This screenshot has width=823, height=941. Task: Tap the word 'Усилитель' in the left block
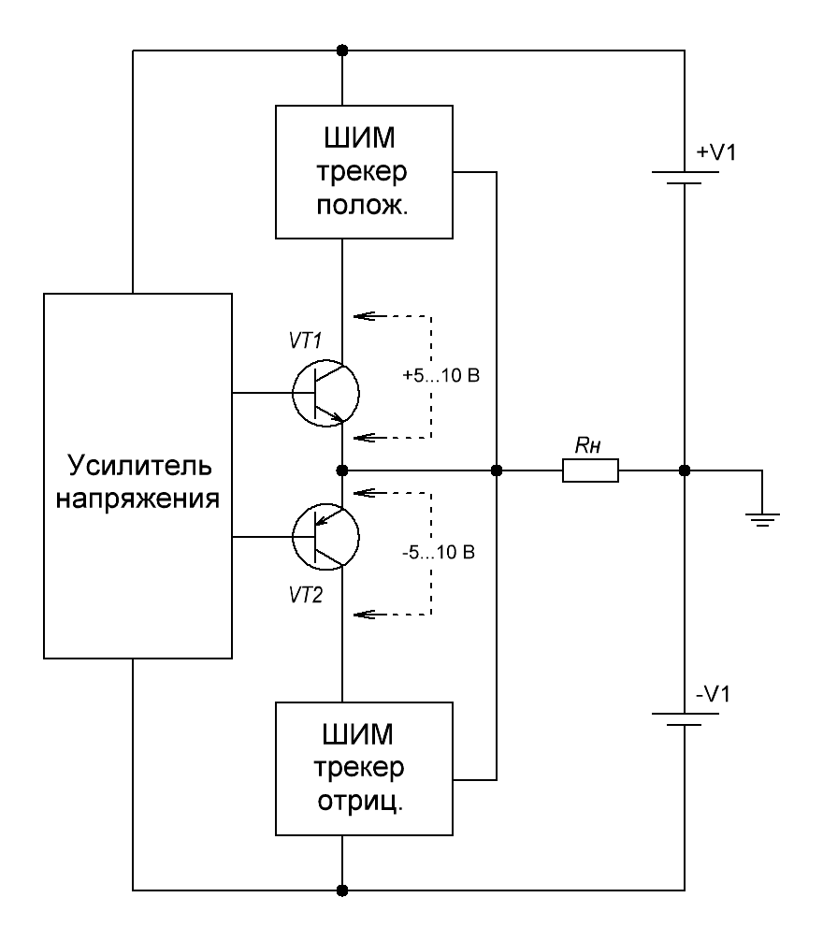[x=137, y=465]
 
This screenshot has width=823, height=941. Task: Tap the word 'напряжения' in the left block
[x=137, y=498]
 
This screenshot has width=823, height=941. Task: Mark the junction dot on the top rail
[x=343, y=50]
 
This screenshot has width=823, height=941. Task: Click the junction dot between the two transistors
[x=343, y=470]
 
